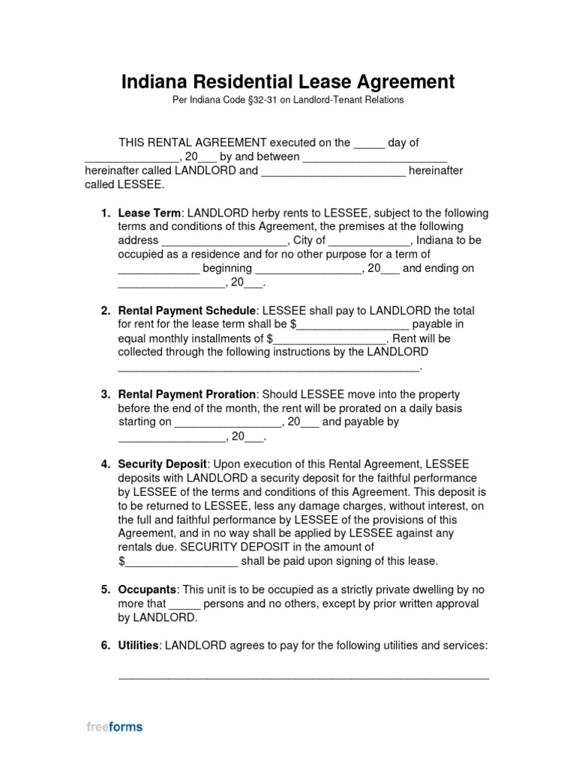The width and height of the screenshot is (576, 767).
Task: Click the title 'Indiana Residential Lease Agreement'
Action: [x=288, y=81]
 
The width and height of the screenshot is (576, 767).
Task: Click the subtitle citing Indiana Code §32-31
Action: [x=288, y=100]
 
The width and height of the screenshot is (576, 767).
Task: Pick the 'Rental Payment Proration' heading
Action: [x=187, y=394]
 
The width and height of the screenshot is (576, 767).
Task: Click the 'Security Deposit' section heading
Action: [x=162, y=464]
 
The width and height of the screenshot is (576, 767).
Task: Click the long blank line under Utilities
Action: [x=304, y=676]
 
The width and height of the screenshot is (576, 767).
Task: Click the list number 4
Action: [x=105, y=464]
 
